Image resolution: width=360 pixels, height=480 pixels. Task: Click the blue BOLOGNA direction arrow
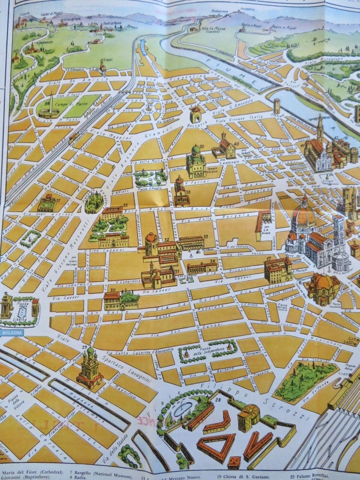coord(11,333)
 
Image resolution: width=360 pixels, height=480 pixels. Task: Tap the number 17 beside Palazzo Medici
coord(269,259)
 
